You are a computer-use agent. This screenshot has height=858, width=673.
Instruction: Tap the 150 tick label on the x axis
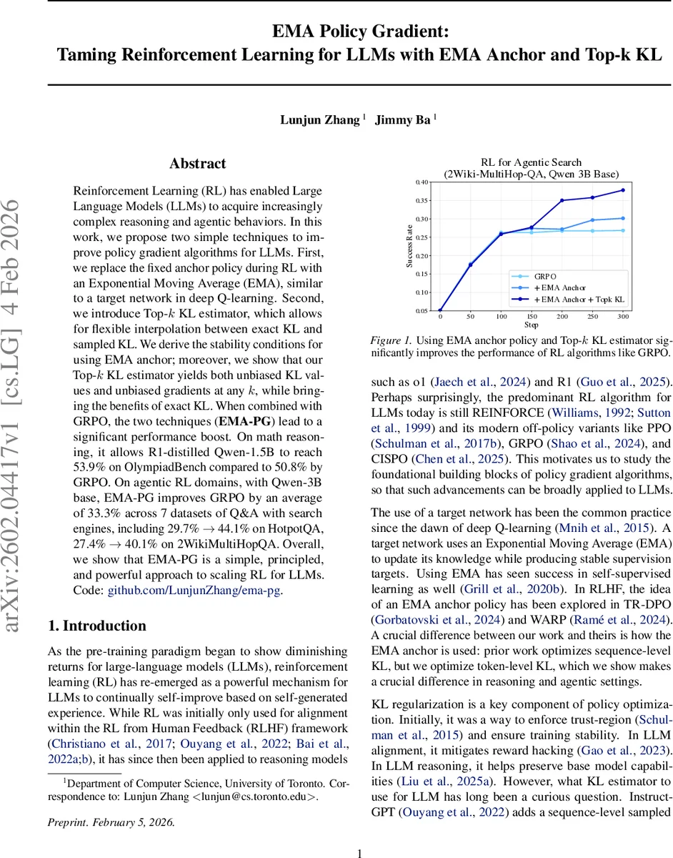point(531,316)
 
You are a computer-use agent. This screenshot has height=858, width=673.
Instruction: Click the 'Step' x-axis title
point(531,324)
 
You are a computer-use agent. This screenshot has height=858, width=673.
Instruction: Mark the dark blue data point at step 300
point(622,190)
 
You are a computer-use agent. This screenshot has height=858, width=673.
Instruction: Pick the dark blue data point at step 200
point(562,200)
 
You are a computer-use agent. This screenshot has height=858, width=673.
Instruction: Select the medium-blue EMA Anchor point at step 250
point(592,220)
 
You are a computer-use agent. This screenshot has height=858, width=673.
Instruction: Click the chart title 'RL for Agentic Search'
point(532,162)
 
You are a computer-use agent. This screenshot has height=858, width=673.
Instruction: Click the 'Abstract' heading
point(198,164)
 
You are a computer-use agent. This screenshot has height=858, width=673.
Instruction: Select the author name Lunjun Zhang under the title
point(320,119)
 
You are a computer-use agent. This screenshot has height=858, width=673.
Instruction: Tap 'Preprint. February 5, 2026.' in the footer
point(110,802)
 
